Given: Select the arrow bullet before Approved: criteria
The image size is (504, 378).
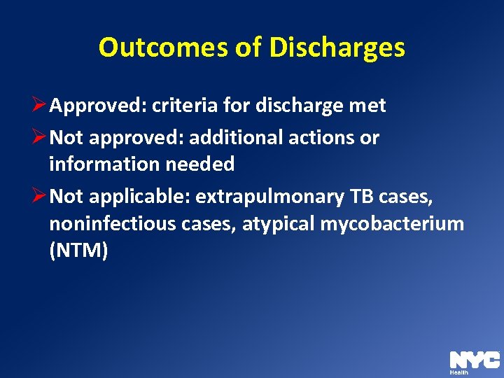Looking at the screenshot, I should [40, 106].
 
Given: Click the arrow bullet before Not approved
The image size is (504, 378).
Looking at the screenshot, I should [40, 138].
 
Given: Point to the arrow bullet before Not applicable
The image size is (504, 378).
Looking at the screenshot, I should [40, 197].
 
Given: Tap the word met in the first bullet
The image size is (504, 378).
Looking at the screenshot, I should [370, 106].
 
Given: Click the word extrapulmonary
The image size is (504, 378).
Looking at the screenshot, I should [270, 197].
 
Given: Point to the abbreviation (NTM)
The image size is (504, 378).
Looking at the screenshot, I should [78, 251].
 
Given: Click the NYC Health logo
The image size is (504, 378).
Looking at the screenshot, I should [475, 362].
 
